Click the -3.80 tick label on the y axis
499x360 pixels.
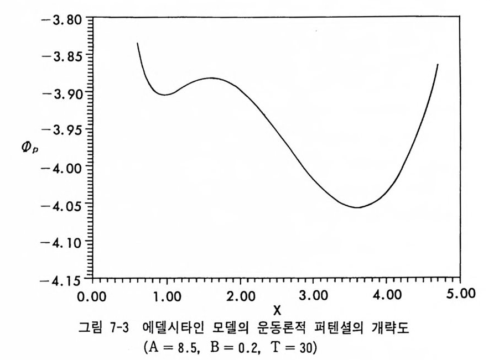coord(62,19)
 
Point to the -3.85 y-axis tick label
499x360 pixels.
coord(62,56)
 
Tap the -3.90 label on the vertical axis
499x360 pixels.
coord(62,93)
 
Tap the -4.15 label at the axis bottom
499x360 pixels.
coord(62,279)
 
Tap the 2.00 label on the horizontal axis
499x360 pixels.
coord(240,295)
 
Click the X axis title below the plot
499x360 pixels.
coord(277,311)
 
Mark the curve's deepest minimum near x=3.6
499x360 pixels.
coord(358,207)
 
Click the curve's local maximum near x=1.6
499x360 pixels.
coord(211,78)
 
